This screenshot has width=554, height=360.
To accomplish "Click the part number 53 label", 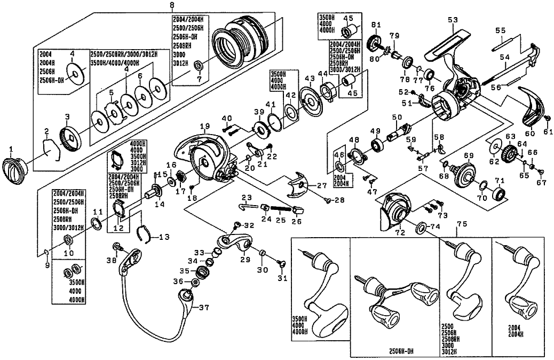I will point(453,20).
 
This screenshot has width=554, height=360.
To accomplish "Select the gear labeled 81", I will point(375,43).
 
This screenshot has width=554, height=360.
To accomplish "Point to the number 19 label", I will point(203,125).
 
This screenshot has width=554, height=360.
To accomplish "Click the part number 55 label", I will point(500,30).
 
